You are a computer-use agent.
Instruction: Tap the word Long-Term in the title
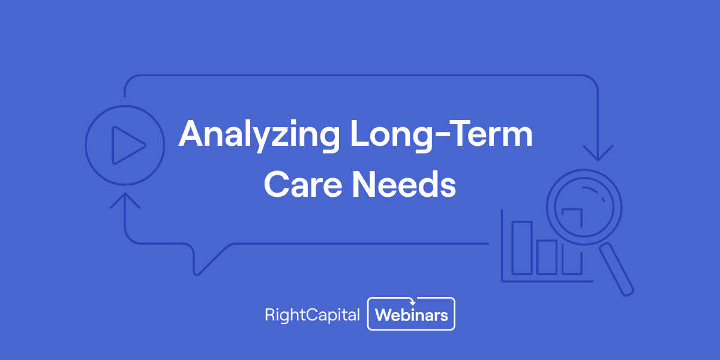coord(441,134)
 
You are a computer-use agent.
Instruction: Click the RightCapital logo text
coord(312,314)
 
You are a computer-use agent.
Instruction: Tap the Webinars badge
coord(412,314)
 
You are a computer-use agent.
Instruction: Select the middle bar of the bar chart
coord(547,256)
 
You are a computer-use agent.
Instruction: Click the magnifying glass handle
coord(617,269)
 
